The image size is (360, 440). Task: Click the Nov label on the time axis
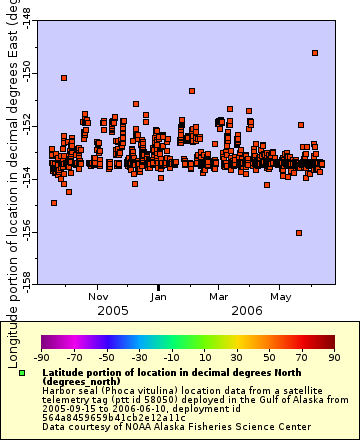[x=98, y=296]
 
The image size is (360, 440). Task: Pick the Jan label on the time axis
[x=159, y=296]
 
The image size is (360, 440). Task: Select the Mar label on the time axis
[x=218, y=296]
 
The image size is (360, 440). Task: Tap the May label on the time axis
[x=280, y=296]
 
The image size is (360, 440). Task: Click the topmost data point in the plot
[x=315, y=53]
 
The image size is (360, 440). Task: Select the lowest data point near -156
[x=299, y=233]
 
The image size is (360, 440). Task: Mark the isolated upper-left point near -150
[x=64, y=78]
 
